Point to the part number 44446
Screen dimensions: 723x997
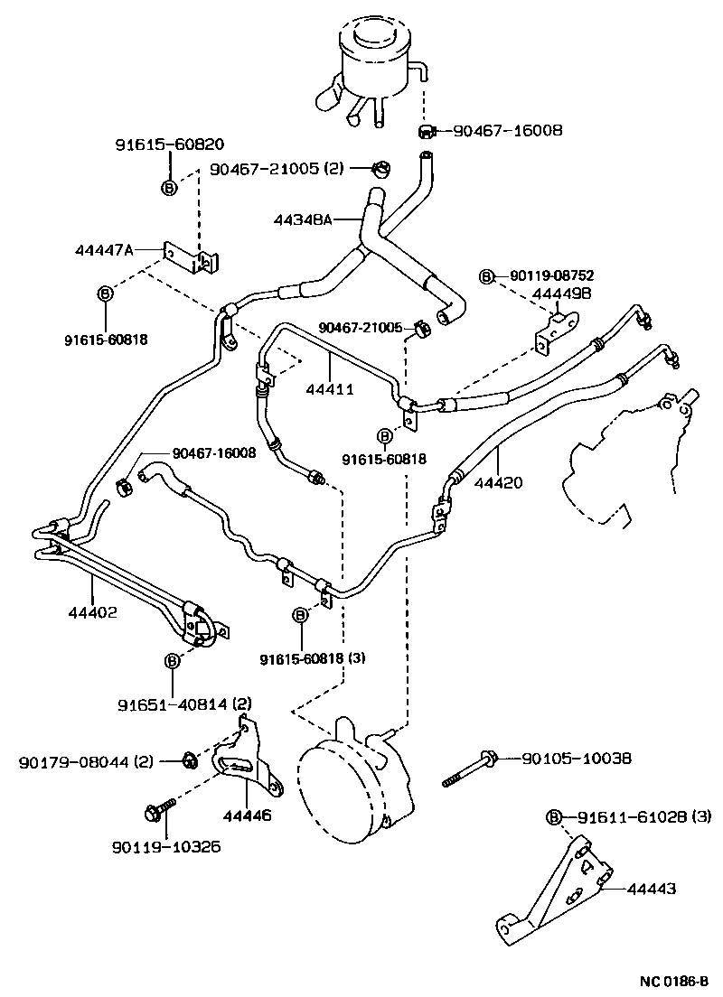point(247,814)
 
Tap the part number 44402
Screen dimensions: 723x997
point(91,611)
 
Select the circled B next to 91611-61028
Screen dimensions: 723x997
point(554,817)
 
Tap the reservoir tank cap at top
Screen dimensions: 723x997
point(371,33)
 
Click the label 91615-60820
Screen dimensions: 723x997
point(169,144)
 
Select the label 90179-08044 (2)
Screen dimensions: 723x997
point(87,762)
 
